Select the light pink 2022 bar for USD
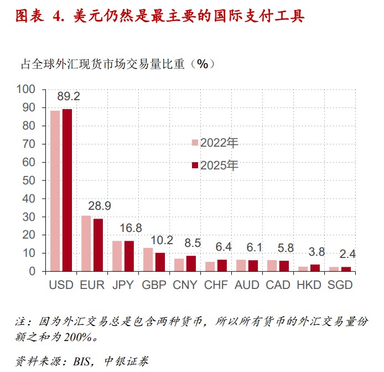(55, 191)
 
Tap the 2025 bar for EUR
(98, 245)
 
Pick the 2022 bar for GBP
(148, 260)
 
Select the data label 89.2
(69, 96)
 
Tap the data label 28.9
(100, 206)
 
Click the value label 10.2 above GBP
(162, 240)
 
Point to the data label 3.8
(316, 252)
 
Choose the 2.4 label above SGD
(347, 255)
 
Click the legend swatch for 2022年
(195, 143)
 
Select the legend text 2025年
(219, 165)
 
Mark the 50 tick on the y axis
(29, 180)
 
